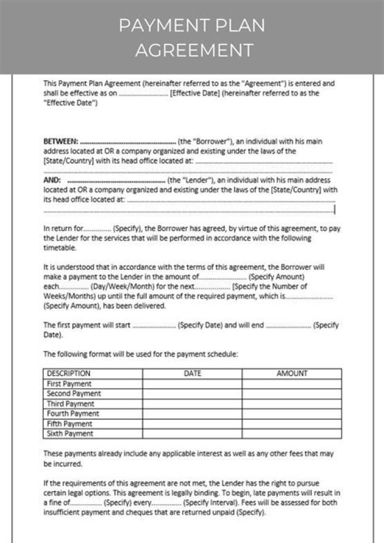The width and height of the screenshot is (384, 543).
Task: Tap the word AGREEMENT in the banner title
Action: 193,50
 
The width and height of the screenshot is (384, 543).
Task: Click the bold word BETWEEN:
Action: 60,142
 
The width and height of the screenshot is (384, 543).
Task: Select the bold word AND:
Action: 52,180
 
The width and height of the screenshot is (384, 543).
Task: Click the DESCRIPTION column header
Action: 69,373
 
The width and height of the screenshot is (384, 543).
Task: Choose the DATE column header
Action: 192,373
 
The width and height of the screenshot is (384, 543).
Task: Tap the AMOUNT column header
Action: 292,373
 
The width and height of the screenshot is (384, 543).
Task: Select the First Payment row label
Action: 69,384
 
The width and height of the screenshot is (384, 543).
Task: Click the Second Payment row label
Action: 74,394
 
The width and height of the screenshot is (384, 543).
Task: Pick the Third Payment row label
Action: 70,404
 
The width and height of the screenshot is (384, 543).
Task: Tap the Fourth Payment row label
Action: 73,413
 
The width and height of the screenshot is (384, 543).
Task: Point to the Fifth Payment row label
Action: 69,424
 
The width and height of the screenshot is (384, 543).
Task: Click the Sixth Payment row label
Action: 70,434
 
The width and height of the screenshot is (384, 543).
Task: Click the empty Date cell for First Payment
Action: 192,384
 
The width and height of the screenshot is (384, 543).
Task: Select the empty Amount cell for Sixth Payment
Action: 292,434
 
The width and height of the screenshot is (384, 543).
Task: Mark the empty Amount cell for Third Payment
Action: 292,404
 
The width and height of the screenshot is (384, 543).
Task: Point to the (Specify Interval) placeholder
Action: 207,502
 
